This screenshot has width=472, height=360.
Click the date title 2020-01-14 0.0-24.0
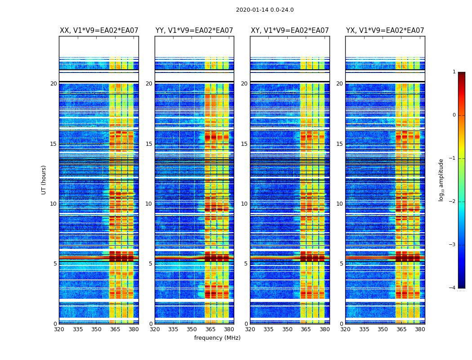265,10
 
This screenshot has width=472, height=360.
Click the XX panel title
99,31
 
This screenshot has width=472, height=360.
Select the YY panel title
194,31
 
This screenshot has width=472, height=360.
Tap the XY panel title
289,31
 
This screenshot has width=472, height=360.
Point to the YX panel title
385,31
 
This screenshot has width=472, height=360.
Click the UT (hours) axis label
44,180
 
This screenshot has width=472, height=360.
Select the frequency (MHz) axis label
217,338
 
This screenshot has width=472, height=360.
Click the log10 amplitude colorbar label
441,180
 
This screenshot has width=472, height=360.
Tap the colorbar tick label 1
454,72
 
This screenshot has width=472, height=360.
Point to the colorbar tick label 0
454,115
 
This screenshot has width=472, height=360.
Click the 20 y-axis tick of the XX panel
53,84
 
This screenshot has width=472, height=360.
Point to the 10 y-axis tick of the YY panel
149,204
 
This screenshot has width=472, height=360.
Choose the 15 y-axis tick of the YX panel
339,144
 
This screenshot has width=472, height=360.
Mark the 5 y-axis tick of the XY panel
246,264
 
